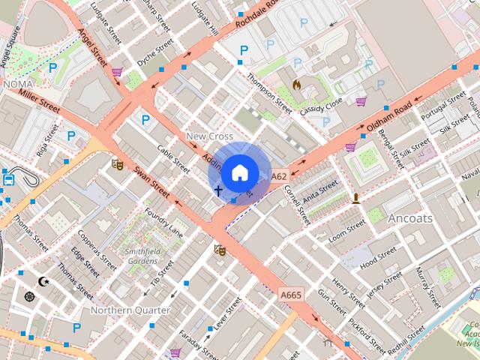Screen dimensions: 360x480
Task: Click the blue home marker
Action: click(x=238, y=173)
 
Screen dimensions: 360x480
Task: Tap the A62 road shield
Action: click(x=279, y=176)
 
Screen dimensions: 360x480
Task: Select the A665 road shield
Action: click(x=291, y=295)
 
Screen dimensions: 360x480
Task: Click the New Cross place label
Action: click(x=209, y=136)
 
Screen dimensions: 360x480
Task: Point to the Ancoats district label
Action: click(x=410, y=218)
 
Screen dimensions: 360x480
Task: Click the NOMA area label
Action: click(x=18, y=85)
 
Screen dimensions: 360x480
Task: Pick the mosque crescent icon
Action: click(x=43, y=281)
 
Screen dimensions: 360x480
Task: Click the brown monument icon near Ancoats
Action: click(x=356, y=199)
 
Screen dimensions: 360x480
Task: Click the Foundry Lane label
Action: click(x=163, y=223)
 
